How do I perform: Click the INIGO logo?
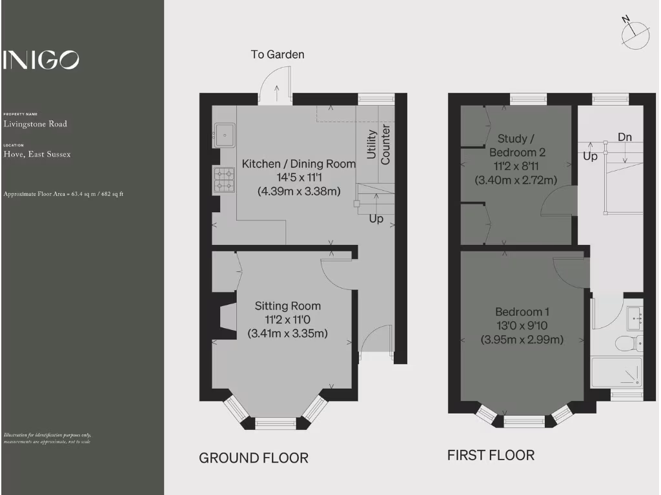coord(41,60)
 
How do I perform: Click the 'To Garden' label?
coord(278,55)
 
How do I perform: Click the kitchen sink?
coord(224,135)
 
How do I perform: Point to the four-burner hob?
coord(225,179)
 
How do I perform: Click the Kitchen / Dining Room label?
coord(298,164)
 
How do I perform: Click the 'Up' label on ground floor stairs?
coord(376,219)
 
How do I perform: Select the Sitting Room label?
coord(287,306)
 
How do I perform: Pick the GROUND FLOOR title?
coord(253,458)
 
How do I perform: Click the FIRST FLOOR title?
coord(491,456)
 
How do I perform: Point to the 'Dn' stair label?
coord(624,137)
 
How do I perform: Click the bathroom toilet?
coord(625,343)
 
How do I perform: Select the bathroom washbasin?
coord(635,317)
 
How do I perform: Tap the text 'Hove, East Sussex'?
coord(37,155)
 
